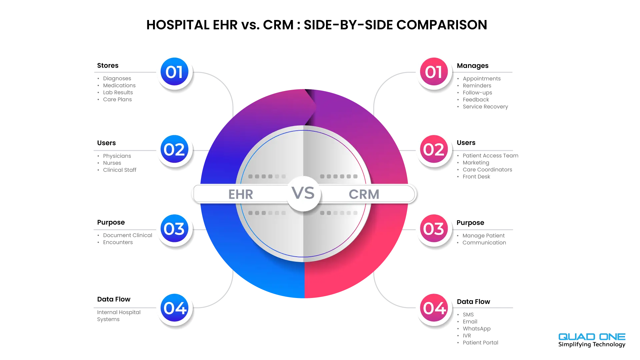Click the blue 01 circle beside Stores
pyautogui.click(x=174, y=72)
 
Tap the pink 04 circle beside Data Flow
pyautogui.click(x=434, y=308)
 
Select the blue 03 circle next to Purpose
pyautogui.click(x=174, y=228)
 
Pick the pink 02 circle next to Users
pyautogui.click(x=434, y=149)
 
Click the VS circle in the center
pyautogui.click(x=303, y=193)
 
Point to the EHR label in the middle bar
pyautogui.click(x=241, y=194)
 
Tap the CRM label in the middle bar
pyautogui.click(x=364, y=194)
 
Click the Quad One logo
pyautogui.click(x=592, y=340)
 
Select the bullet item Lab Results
pyautogui.click(x=118, y=92)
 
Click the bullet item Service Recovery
pyautogui.click(x=485, y=107)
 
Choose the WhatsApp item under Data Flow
pyautogui.click(x=477, y=329)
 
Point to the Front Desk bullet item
pyautogui.click(x=476, y=177)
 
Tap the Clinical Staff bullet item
pyautogui.click(x=120, y=170)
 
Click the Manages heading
pyautogui.click(x=473, y=66)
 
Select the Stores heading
pyautogui.click(x=108, y=65)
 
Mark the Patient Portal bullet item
pyautogui.click(x=480, y=343)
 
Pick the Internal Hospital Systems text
pyautogui.click(x=119, y=316)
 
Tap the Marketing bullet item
pyautogui.click(x=476, y=163)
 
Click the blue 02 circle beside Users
pyautogui.click(x=174, y=149)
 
